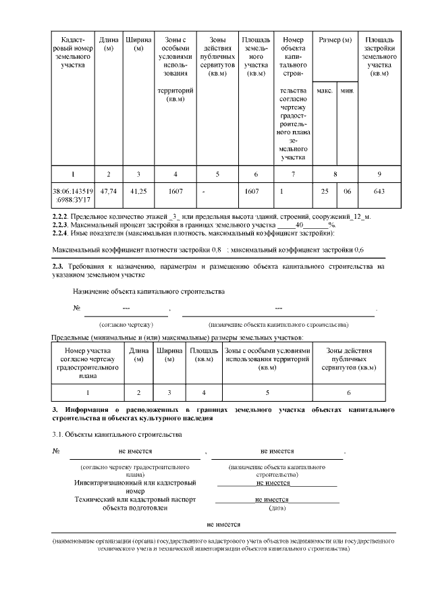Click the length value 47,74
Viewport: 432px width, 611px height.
(108, 192)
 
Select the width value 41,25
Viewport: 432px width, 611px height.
(138, 192)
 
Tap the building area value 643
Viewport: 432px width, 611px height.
(379, 192)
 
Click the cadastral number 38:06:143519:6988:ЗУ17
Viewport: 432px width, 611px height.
(72, 196)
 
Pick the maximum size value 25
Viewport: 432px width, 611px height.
(324, 192)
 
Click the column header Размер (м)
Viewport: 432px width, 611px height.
(335, 41)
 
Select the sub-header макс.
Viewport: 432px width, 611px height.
(324, 90)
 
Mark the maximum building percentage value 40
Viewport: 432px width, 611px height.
(303, 225)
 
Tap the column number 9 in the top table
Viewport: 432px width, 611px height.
(379, 174)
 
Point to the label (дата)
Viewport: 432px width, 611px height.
(277, 508)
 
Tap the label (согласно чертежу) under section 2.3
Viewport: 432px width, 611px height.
(126, 325)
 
